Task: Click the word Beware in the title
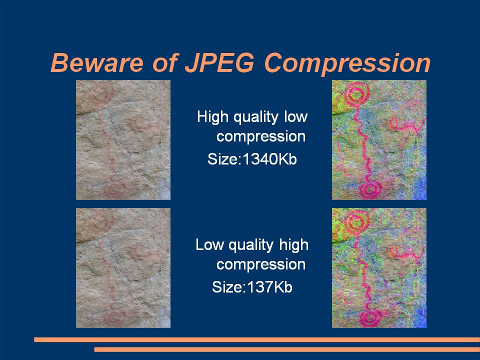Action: pyautogui.click(x=96, y=63)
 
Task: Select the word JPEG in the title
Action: pyautogui.click(x=219, y=63)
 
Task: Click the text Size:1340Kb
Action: pyautogui.click(x=252, y=159)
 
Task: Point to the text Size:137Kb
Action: pyautogui.click(x=252, y=287)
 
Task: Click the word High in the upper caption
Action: pyautogui.click(x=213, y=117)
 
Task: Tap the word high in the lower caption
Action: pyautogui.click(x=294, y=245)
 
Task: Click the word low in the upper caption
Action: pyautogui.click(x=295, y=117)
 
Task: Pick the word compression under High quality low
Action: pyautogui.click(x=261, y=137)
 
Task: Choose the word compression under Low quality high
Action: pyautogui.click(x=261, y=265)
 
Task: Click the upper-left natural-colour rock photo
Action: pyautogui.click(x=123, y=140)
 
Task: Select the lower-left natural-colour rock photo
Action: pyautogui.click(x=123, y=268)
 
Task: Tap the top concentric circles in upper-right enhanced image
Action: pyautogui.click(x=356, y=94)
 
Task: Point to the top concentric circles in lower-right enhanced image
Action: pyautogui.click(x=356, y=222)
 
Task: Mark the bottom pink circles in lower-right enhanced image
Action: pyautogui.click(x=370, y=318)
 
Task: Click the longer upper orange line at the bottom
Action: pyautogui.click(x=257, y=339)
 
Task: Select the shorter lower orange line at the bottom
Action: pyautogui.click(x=287, y=349)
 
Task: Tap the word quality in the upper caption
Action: pyautogui.click(x=256, y=117)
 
